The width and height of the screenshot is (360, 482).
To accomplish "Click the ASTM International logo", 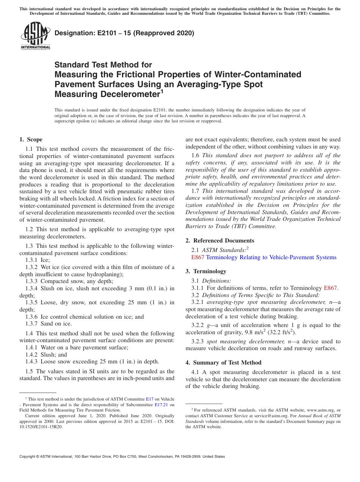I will [x=35, y=36].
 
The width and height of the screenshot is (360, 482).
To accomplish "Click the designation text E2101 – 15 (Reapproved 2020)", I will [x=124, y=33].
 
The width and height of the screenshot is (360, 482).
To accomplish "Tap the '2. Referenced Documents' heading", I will [x=220, y=241].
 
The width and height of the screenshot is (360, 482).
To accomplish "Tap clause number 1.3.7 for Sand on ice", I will [x=31, y=324].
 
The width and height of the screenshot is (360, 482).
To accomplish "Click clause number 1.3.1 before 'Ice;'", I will [x=31, y=260].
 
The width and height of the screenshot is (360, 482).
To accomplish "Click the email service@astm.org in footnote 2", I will [x=269, y=415].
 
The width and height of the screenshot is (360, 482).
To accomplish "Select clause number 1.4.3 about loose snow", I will [x=31, y=361].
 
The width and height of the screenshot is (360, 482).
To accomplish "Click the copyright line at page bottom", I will [x=122, y=457].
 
